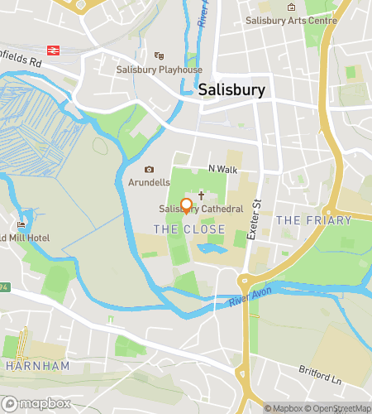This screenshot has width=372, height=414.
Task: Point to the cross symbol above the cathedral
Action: point(201,193)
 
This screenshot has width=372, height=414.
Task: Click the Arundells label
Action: point(149,182)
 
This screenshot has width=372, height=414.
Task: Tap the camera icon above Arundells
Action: point(150,170)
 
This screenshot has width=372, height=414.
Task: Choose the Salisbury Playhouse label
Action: point(159,70)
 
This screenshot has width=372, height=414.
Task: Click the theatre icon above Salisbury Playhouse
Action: point(159,56)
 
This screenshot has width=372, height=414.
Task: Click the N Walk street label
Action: point(222,169)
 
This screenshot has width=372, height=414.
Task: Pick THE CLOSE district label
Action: point(179,228)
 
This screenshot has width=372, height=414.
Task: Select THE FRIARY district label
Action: point(313,220)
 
